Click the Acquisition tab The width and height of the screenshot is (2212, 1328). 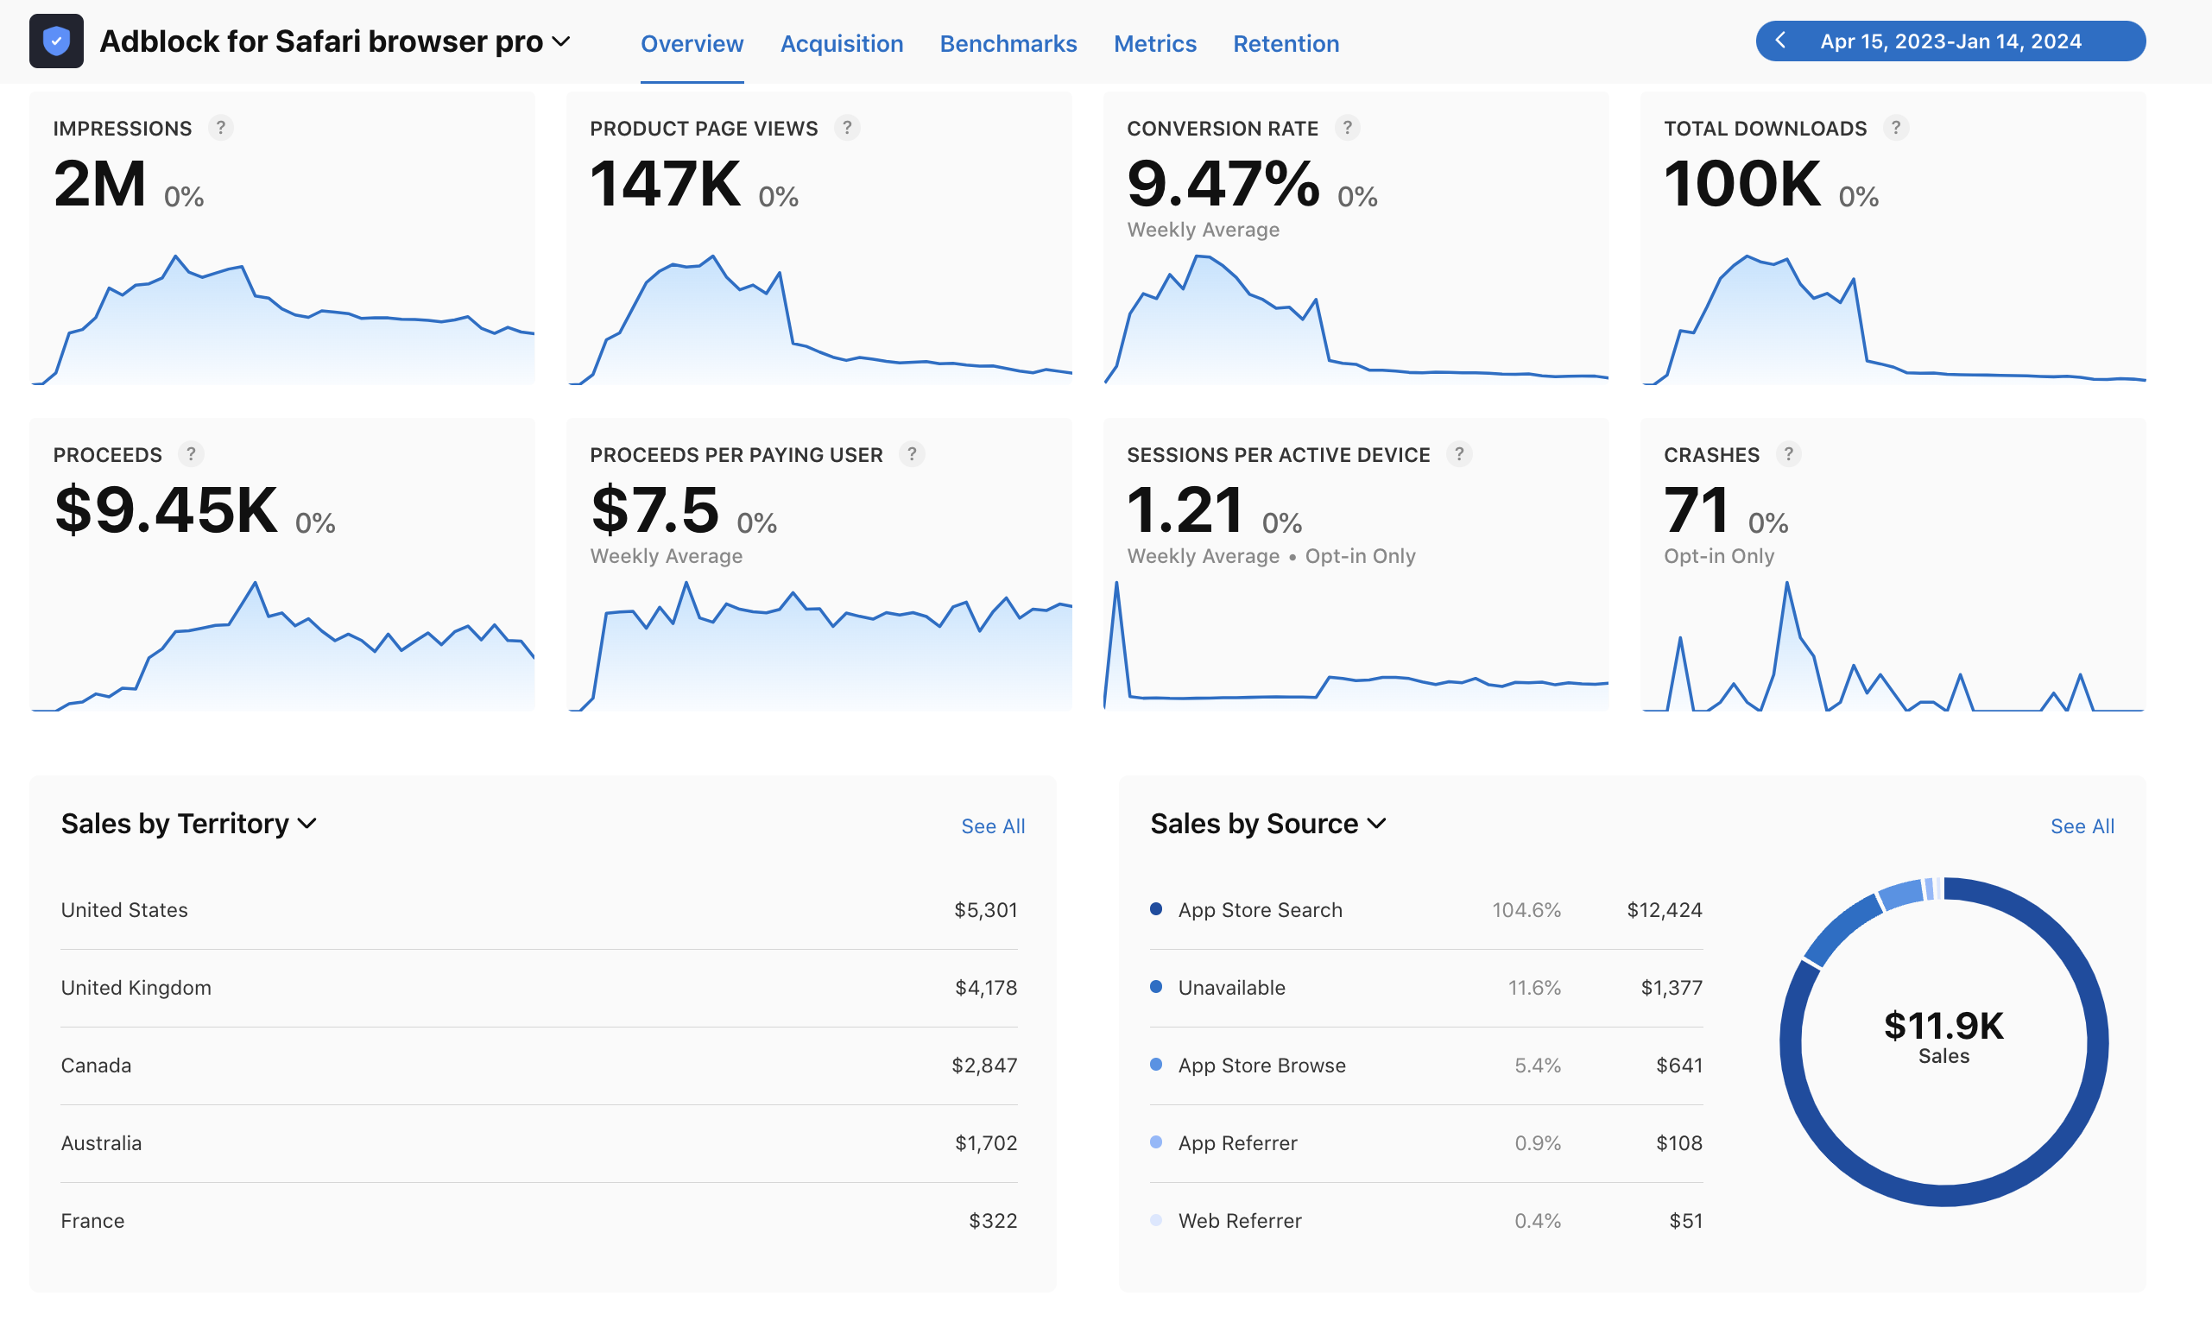[841, 43]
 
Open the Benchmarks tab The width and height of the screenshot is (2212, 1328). [1008, 43]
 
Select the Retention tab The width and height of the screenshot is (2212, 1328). [1286, 43]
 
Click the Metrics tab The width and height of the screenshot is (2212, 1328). [1154, 43]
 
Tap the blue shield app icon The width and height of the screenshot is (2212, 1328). [56, 41]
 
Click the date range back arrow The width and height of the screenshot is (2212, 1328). [1780, 41]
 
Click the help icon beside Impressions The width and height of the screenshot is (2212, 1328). [220, 128]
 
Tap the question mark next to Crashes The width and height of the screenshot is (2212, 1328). [1788, 454]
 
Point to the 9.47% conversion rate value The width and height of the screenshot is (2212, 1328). [1223, 183]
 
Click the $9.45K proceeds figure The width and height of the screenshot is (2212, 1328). [167, 509]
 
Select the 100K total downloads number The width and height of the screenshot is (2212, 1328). [1741, 183]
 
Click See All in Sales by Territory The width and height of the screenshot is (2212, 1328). [992, 826]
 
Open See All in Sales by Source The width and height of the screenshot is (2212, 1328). [2082, 826]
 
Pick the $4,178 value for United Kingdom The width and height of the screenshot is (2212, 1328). [986, 987]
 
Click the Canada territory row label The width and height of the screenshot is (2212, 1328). [96, 1065]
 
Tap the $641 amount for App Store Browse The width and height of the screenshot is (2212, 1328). [1678, 1065]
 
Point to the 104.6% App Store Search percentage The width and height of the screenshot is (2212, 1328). [1526, 909]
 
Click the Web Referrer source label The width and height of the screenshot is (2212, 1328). [1239, 1221]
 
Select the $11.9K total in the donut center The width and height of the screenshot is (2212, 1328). [1943, 1026]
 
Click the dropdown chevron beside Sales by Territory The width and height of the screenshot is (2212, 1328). [307, 823]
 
